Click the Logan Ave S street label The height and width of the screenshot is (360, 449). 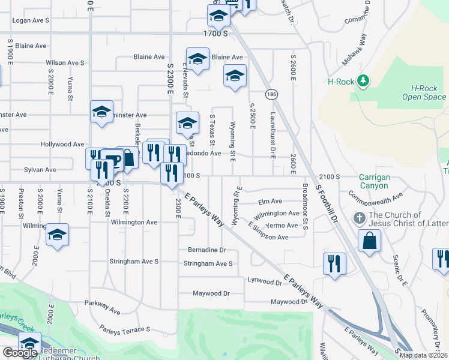(31, 20)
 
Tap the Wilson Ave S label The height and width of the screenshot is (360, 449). (65, 62)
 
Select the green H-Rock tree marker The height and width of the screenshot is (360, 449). (362, 80)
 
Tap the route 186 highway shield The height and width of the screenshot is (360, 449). (272, 94)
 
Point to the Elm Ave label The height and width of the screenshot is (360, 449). (270, 202)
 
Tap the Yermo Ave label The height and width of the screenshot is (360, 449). (283, 226)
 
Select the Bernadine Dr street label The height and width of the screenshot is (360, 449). (206, 250)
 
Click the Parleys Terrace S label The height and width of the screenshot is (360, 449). (125, 330)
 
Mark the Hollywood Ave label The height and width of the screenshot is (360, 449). (62, 145)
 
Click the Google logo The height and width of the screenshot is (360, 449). (20, 353)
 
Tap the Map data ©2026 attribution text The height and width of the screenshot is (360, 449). (423, 355)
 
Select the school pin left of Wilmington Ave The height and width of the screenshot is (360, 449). (57, 235)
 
